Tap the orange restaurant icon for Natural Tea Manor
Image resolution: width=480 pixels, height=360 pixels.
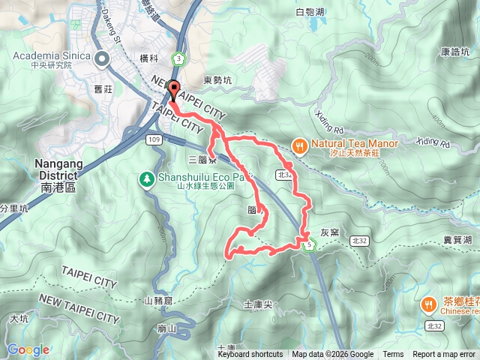point(298,145)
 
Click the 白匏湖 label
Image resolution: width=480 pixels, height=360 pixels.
point(309,12)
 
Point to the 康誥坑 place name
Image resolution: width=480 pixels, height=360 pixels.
point(454,52)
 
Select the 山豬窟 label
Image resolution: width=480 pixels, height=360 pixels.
point(158,301)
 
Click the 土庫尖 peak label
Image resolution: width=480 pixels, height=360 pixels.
point(257,304)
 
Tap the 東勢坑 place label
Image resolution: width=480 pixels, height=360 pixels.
point(217,80)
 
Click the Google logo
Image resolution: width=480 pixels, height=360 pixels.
point(28,349)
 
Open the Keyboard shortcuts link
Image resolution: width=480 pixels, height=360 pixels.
point(250,355)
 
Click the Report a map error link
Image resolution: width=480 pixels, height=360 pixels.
point(444,355)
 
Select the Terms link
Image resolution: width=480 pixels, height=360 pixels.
point(392,355)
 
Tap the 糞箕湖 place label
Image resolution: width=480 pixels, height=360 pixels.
point(457,239)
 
